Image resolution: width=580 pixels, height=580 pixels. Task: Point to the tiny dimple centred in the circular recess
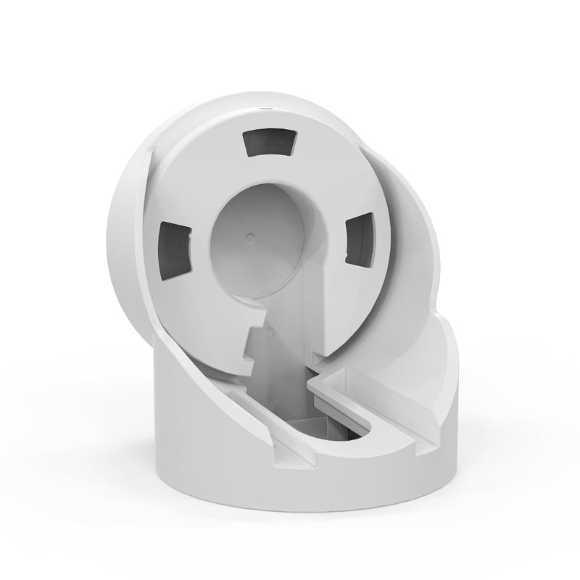point(250,237)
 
